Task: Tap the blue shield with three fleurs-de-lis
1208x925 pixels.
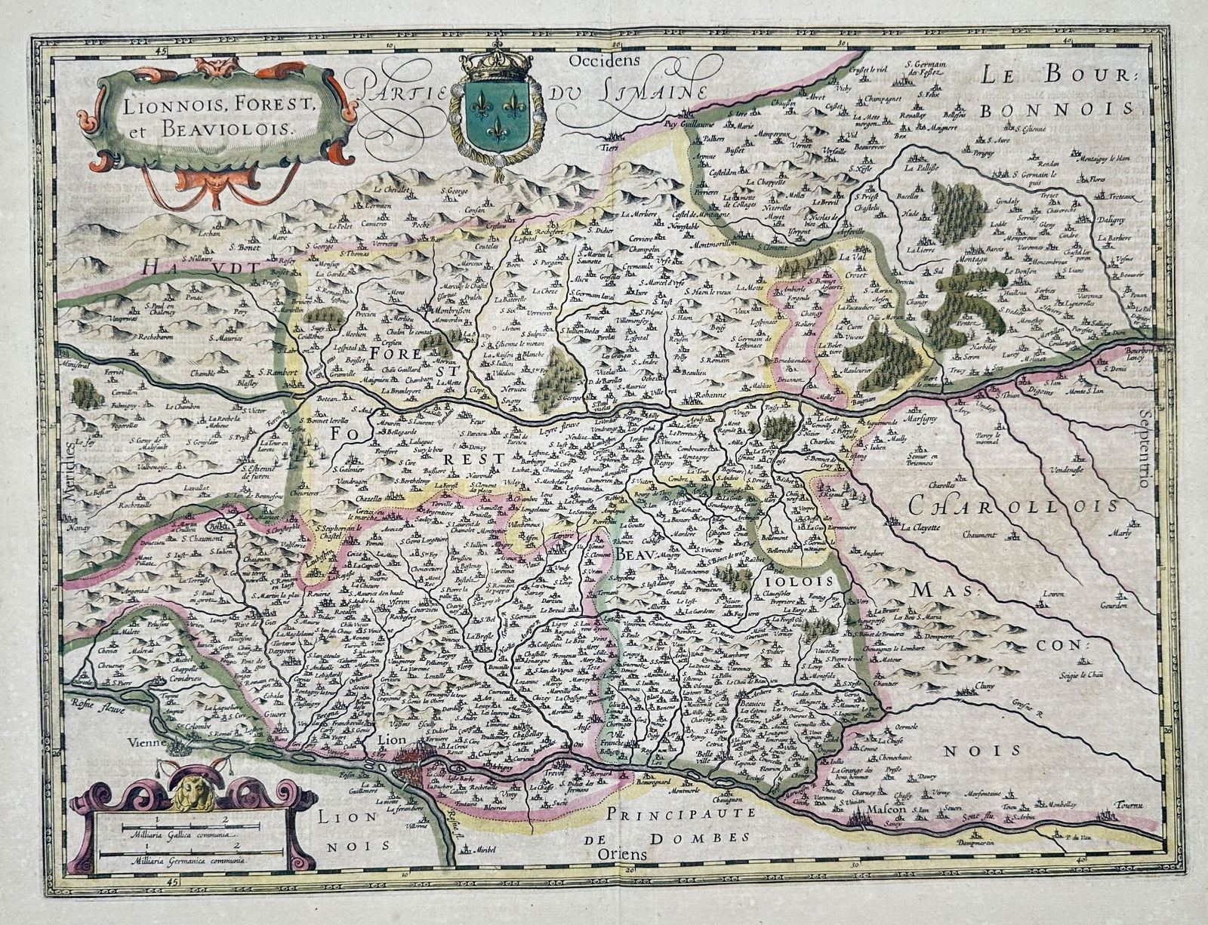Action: click(x=497, y=111)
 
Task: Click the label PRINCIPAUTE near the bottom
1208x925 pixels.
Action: click(x=679, y=815)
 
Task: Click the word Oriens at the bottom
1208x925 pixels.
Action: click(x=623, y=855)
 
